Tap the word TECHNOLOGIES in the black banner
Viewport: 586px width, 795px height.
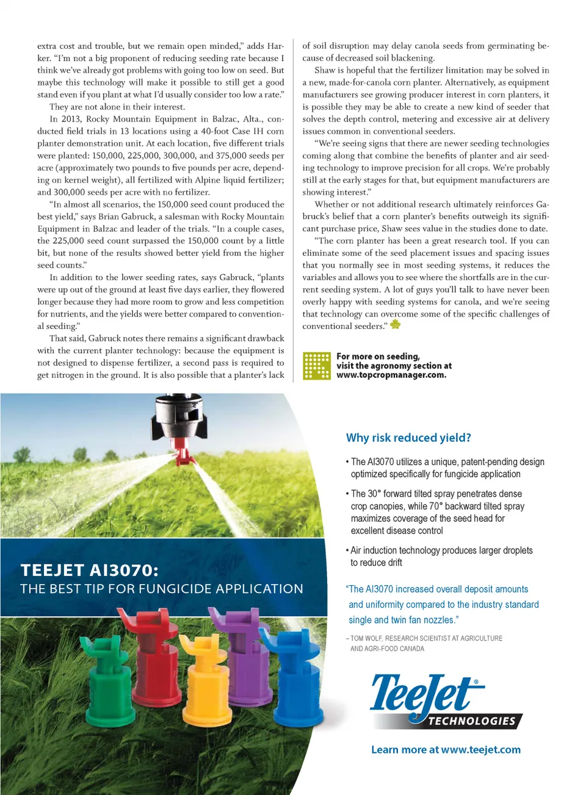[472, 721]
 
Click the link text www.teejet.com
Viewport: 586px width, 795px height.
[480, 750]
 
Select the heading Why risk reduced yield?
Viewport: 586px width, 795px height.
[408, 437]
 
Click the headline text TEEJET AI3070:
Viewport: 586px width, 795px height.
[89, 570]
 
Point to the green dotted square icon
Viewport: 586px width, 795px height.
[317, 365]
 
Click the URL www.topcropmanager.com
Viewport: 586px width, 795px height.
[391, 375]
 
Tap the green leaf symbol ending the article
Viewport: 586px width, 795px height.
[396, 324]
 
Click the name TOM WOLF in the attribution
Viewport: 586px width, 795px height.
[366, 638]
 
